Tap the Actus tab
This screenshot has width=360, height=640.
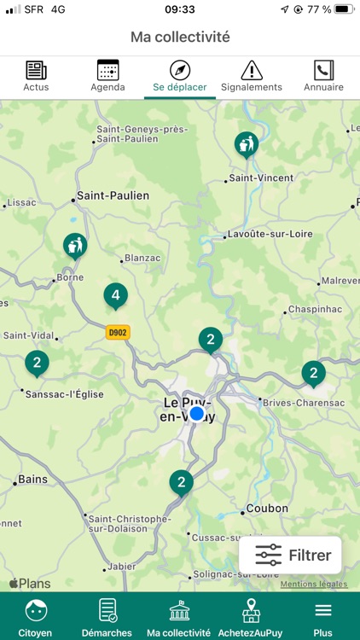pyautogui.click(x=36, y=77)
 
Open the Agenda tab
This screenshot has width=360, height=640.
pyautogui.click(x=107, y=77)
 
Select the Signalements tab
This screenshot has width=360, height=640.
pyautogui.click(x=251, y=77)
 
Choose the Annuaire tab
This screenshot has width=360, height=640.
pyautogui.click(x=323, y=77)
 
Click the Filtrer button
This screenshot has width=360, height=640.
pyautogui.click(x=291, y=556)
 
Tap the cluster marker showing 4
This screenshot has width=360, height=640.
pyautogui.click(x=115, y=296)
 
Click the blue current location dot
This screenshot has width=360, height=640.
pyautogui.click(x=197, y=414)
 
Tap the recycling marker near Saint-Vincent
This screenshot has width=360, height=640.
pyautogui.click(x=247, y=144)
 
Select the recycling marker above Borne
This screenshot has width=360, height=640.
pyautogui.click(x=75, y=246)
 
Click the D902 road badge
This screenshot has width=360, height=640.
pyautogui.click(x=118, y=333)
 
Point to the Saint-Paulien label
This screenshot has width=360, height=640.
pyautogui.click(x=113, y=195)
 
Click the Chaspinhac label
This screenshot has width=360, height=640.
pyautogui.click(x=315, y=308)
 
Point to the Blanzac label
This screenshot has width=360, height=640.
pyautogui.click(x=142, y=257)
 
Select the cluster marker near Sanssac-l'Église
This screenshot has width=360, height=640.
pyautogui.click(x=37, y=364)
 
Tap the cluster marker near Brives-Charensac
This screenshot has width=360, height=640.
pyautogui.click(x=313, y=373)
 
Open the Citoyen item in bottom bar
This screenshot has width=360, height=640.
pyautogui.click(x=36, y=617)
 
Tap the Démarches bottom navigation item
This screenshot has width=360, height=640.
pyautogui.click(x=107, y=617)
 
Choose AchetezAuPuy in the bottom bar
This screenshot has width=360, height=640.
pyautogui.click(x=251, y=617)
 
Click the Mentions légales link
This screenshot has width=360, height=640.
pyautogui.click(x=314, y=585)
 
